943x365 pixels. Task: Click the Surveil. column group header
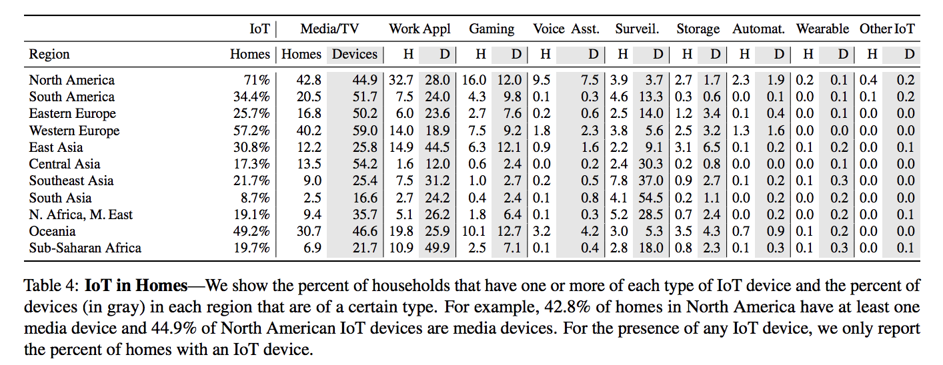[x=637, y=29]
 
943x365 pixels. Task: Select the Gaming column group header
[x=492, y=29]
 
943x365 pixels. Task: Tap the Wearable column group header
[x=822, y=29]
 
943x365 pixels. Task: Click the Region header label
[x=49, y=55]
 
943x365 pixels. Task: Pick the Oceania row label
[x=52, y=232]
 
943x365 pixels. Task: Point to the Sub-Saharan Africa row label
[x=85, y=248]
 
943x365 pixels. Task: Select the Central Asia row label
[x=65, y=164]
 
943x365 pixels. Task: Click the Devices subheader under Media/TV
[x=355, y=55]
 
